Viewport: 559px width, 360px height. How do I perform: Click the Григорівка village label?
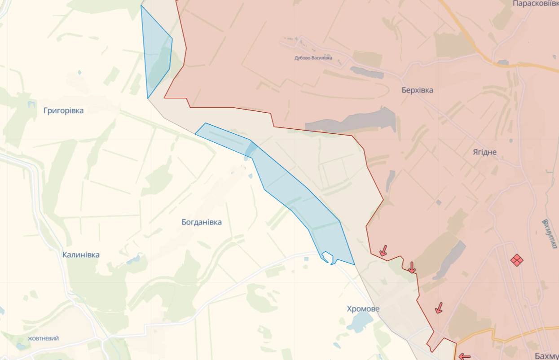tap(64, 110)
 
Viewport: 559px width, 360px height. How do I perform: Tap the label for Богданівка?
tap(202, 222)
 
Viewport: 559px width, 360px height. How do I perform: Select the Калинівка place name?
tap(81, 255)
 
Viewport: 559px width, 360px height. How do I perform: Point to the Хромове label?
tap(363, 309)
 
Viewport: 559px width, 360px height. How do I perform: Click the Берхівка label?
tap(418, 90)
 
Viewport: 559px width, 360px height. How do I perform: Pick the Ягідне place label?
tap(484, 152)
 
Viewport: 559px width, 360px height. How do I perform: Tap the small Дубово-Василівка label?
tap(313, 58)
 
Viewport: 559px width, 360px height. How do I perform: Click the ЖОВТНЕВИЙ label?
tap(43, 338)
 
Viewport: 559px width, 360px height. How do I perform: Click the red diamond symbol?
tap(517, 260)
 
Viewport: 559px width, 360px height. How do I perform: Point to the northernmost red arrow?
tap(383, 250)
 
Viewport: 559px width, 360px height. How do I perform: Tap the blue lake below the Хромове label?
tap(360, 321)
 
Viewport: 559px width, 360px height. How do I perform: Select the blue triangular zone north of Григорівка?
tap(156, 54)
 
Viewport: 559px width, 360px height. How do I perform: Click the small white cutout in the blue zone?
tap(327, 257)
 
